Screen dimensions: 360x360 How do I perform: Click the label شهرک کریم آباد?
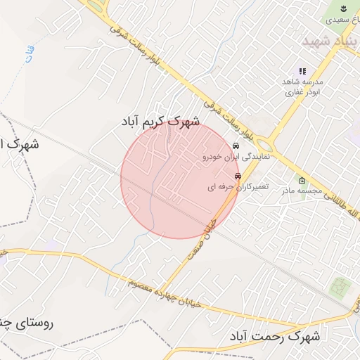pos(160,122)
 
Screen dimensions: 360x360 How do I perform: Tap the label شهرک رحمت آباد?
pos(275,337)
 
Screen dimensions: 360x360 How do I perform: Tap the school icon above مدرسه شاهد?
pos(302,71)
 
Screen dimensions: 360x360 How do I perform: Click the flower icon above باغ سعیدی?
pos(342,9)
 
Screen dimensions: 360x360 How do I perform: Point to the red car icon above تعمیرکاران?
pos(238,176)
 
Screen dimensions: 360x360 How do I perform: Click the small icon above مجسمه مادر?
pos(302,179)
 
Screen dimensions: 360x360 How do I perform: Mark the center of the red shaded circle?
pos(179,179)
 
